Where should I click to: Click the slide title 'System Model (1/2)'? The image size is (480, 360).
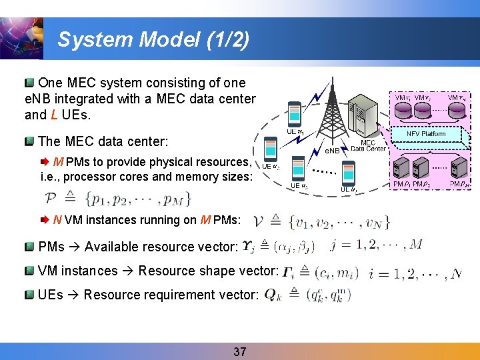pyautogui.click(x=153, y=40)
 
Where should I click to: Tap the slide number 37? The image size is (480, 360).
pyautogui.click(x=240, y=351)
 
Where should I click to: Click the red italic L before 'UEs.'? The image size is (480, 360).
pyautogui.click(x=53, y=115)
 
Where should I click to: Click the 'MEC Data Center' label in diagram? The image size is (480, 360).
pyautogui.click(x=368, y=146)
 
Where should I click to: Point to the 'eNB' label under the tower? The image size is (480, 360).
pyautogui.click(x=332, y=151)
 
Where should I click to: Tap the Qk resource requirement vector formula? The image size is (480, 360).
pyautogui.click(x=307, y=294)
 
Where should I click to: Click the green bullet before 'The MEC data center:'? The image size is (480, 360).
pyautogui.click(x=29, y=142)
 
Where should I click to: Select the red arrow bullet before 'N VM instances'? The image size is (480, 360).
pyautogui.click(x=45, y=219)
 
